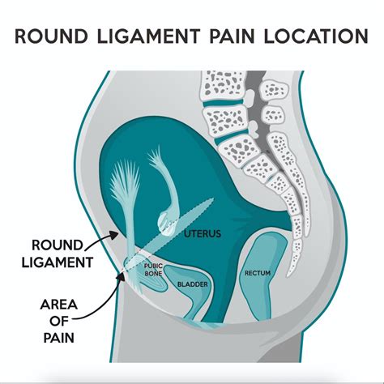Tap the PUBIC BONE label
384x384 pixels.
[155, 268]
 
